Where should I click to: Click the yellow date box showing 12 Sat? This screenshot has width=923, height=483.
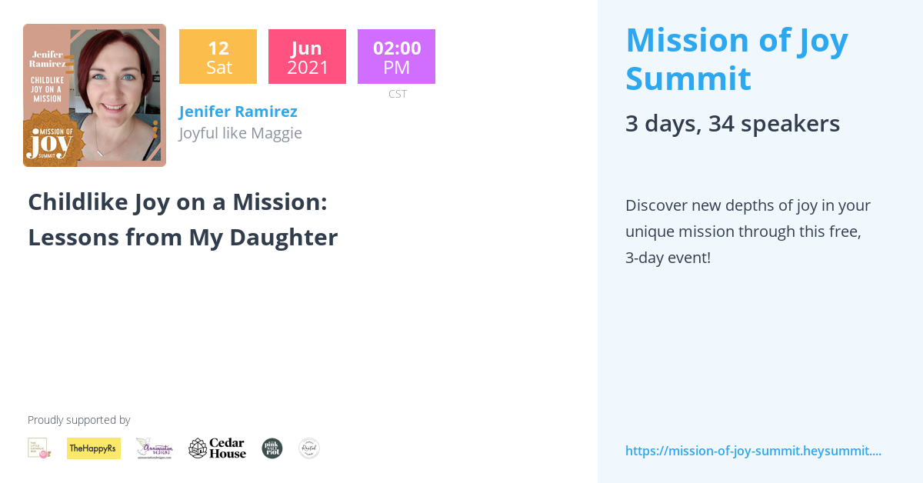[x=218, y=57]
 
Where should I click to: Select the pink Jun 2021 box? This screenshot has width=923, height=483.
[x=307, y=57]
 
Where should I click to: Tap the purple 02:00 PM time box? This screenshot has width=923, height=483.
[x=396, y=57]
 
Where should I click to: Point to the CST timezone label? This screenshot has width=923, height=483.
[x=398, y=94]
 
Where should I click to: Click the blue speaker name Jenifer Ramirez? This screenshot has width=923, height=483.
[x=238, y=112]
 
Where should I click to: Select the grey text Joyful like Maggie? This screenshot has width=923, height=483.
[x=240, y=133]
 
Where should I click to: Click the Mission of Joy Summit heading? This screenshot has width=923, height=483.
[x=736, y=59]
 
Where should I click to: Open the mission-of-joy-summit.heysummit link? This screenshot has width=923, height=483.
[x=753, y=451]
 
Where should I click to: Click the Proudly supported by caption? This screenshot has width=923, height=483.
[x=78, y=420]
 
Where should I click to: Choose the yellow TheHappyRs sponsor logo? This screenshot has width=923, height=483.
[x=94, y=448]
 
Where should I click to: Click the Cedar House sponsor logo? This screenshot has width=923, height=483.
[x=218, y=448]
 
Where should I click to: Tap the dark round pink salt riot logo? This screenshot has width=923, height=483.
[x=272, y=448]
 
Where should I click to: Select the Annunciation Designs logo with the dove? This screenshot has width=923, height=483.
[x=155, y=448]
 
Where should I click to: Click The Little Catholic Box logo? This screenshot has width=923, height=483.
[x=39, y=448]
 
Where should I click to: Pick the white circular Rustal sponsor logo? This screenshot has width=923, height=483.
[x=309, y=448]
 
